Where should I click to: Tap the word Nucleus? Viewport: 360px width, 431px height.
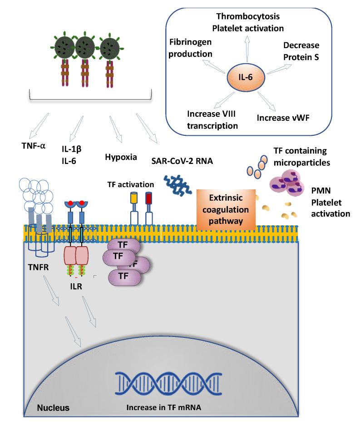point(54,407)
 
